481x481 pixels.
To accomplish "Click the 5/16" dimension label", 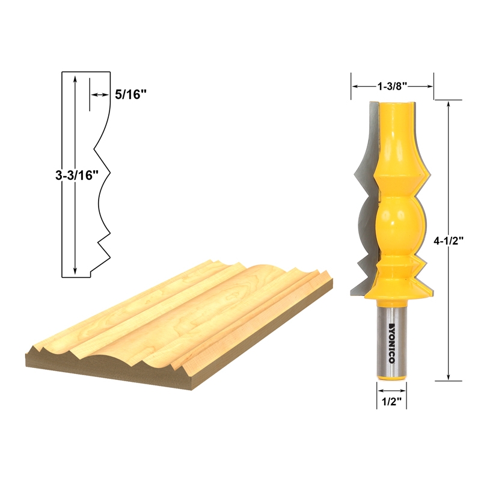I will click(x=130, y=94).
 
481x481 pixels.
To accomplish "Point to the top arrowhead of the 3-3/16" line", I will click(x=74, y=79).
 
